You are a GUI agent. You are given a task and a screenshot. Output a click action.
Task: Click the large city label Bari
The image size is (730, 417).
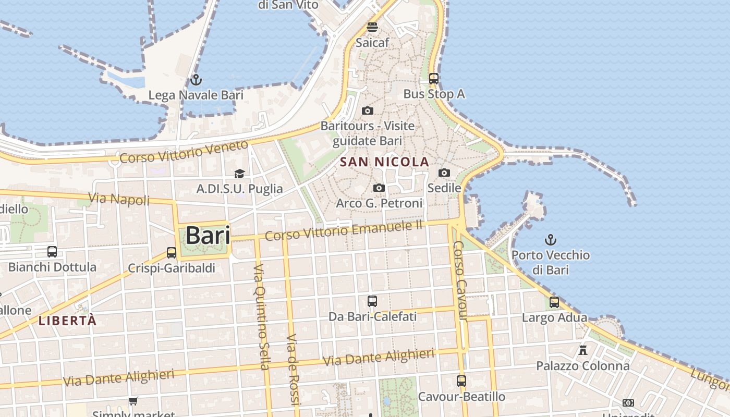[x=208, y=236]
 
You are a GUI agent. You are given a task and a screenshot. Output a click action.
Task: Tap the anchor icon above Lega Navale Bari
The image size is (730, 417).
[x=196, y=80]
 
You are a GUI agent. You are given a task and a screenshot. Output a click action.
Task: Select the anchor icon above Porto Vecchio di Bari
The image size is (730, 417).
[x=551, y=240]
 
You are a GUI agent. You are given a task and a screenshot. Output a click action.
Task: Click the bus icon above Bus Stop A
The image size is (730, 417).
[x=434, y=79]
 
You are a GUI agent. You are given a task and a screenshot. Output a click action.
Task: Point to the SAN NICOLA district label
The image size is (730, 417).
[x=384, y=162]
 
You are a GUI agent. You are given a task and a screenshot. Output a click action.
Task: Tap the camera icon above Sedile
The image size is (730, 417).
[x=444, y=173]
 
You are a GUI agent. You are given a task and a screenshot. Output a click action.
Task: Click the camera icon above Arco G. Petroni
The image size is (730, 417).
[x=379, y=188]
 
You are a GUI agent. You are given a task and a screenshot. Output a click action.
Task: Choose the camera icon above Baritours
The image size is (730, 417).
[x=368, y=111]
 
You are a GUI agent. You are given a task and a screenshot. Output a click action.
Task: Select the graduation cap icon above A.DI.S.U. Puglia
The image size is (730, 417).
[x=239, y=174]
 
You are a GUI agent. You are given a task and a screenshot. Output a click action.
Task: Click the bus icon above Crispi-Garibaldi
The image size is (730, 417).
[x=172, y=253]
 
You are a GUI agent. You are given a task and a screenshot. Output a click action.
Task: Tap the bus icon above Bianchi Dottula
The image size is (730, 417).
[x=52, y=252]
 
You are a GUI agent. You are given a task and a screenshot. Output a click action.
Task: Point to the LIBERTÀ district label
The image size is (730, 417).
[x=68, y=321]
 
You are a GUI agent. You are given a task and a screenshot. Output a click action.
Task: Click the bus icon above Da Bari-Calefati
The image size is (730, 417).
[x=372, y=301]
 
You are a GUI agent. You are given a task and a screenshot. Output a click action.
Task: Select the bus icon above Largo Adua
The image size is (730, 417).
[x=554, y=302]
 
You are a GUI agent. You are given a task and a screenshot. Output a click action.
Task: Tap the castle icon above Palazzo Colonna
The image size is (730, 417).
[x=583, y=350]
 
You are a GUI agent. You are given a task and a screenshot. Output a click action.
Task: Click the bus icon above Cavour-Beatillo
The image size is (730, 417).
[x=461, y=381]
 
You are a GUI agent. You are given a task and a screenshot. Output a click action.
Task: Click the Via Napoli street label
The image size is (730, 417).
[x=119, y=199]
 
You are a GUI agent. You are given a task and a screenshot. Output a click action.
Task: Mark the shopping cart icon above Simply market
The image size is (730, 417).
[x=133, y=401]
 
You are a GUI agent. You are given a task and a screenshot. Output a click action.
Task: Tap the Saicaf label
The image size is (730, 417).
[x=372, y=43]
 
